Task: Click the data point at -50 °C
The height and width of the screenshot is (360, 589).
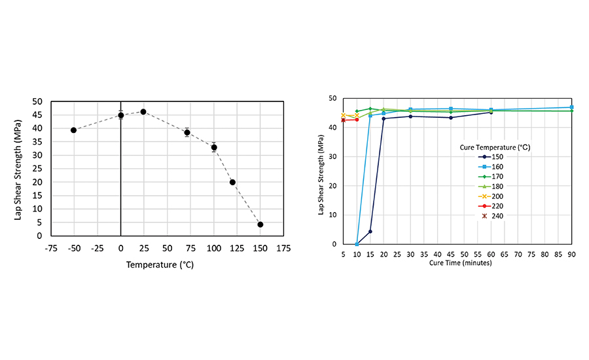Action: coord(74,130)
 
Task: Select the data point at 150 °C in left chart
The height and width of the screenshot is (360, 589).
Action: coord(260,225)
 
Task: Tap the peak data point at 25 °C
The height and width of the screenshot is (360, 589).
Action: coord(143,111)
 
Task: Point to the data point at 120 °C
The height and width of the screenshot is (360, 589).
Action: coord(232,183)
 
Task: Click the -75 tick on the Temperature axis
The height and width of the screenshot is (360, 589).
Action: coord(51,249)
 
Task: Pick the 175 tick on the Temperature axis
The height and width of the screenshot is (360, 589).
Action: coord(283,249)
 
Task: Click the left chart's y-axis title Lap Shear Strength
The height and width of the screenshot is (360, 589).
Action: coord(18,168)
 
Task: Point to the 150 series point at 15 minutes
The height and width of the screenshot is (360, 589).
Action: coord(370,231)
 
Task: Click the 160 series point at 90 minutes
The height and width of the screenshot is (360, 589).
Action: coord(571,107)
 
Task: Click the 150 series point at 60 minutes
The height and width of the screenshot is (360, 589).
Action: coord(491,112)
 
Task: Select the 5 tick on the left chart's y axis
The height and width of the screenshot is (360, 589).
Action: coord(41,223)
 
